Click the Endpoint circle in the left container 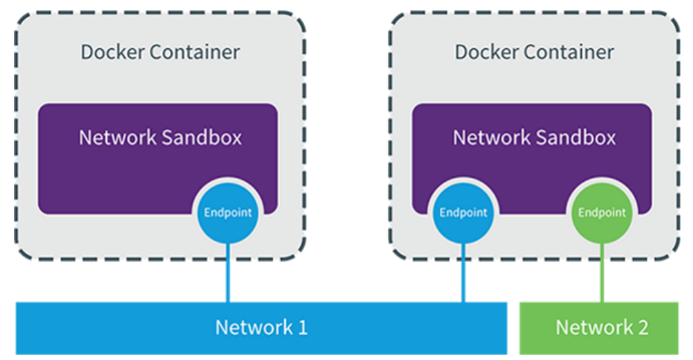coord(228,213)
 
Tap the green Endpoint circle coord(602,213)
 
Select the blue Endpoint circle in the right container coord(463,213)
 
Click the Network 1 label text coord(261,328)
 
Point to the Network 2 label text coord(602,328)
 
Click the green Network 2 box coord(599,328)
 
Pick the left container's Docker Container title coord(160,52)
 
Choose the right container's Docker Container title coord(534,52)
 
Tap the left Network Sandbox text coord(160,137)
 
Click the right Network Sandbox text coord(534,137)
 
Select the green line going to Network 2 coord(602,273)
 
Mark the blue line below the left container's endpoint coord(228,273)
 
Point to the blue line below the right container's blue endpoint coord(463,273)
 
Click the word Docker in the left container coord(112,52)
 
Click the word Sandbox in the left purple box coord(201,137)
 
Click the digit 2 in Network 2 coord(643,328)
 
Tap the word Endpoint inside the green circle coord(602,213)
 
